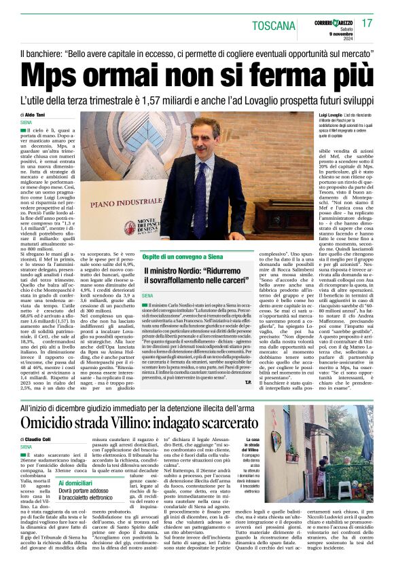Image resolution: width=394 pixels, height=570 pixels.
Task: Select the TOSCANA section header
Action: click(274, 26)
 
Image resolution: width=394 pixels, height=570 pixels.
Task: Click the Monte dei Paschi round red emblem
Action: click(130, 228)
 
